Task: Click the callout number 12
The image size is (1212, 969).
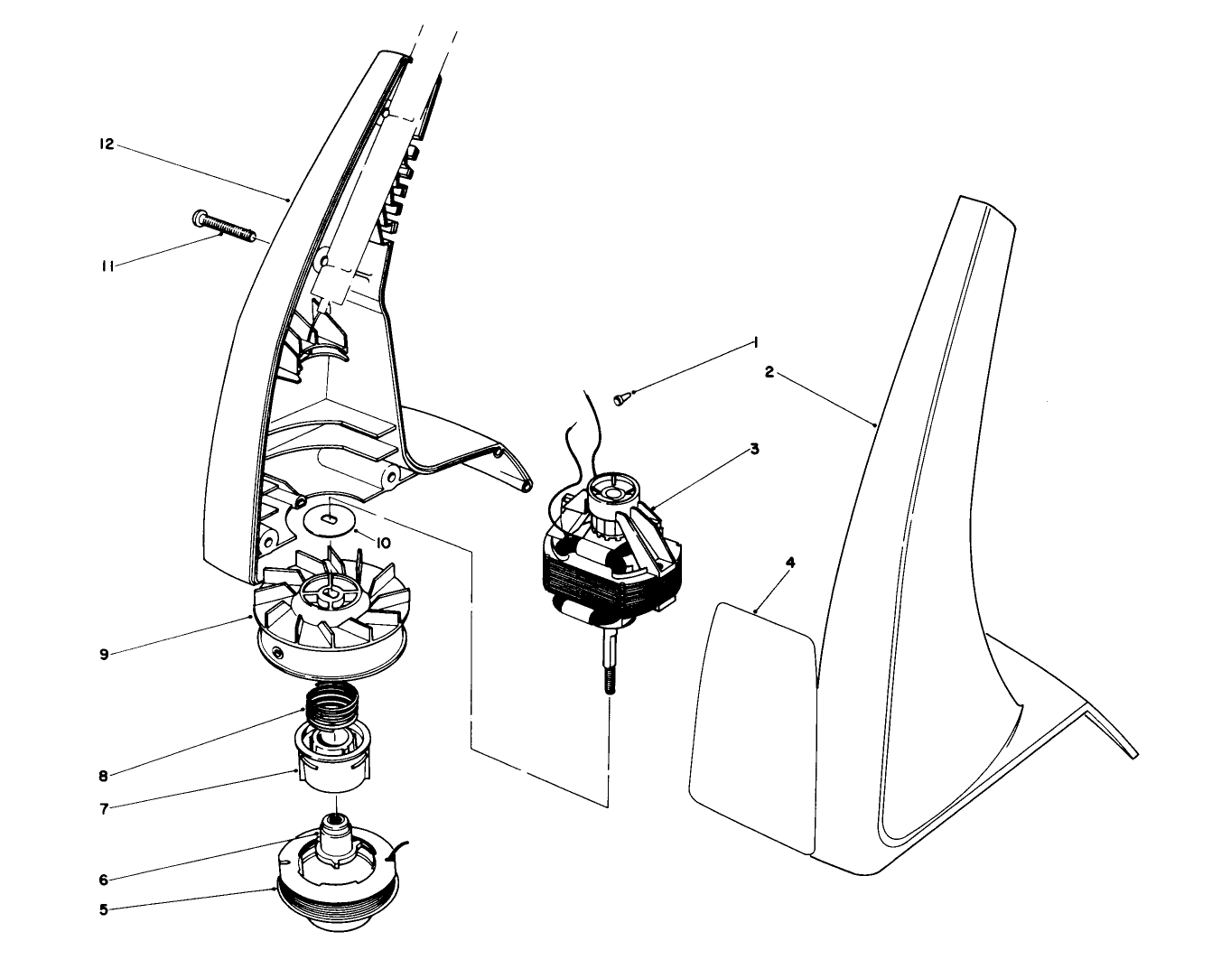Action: [107, 144]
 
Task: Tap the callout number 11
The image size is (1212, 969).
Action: [107, 266]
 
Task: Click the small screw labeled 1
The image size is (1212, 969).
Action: [621, 398]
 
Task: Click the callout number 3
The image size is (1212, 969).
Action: [754, 448]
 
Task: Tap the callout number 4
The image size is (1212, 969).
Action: [790, 562]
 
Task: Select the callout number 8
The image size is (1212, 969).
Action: [104, 775]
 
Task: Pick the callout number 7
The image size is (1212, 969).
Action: [104, 808]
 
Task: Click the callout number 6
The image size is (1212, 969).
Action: [104, 879]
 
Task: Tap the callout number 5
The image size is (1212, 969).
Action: [104, 909]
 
